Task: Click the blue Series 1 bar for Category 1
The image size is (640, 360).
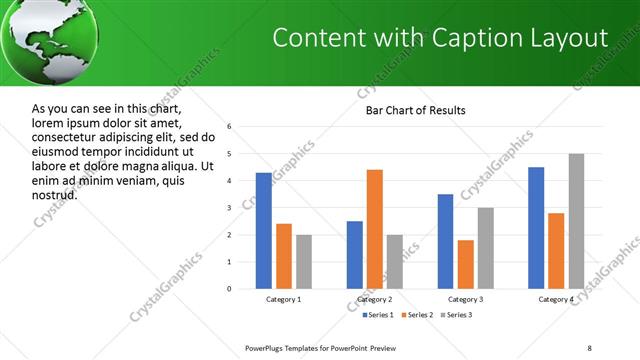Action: [263, 231]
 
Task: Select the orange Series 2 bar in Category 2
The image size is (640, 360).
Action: [375, 229]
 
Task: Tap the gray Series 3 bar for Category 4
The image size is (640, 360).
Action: [577, 221]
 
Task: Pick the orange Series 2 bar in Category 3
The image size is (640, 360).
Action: [465, 264]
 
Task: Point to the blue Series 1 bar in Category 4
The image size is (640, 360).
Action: [536, 228]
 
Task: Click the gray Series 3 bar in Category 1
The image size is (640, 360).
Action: [303, 262]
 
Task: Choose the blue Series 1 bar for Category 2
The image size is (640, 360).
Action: [355, 255]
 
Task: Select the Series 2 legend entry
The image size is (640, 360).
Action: [415, 315]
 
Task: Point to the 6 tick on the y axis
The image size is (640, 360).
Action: [229, 127]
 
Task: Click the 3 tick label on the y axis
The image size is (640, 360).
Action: [229, 208]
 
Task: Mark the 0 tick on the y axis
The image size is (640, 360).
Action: [229, 289]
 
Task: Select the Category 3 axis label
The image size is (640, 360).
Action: [466, 299]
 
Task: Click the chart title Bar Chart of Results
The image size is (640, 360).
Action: [415, 110]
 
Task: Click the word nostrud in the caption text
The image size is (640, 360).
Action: [54, 194]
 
